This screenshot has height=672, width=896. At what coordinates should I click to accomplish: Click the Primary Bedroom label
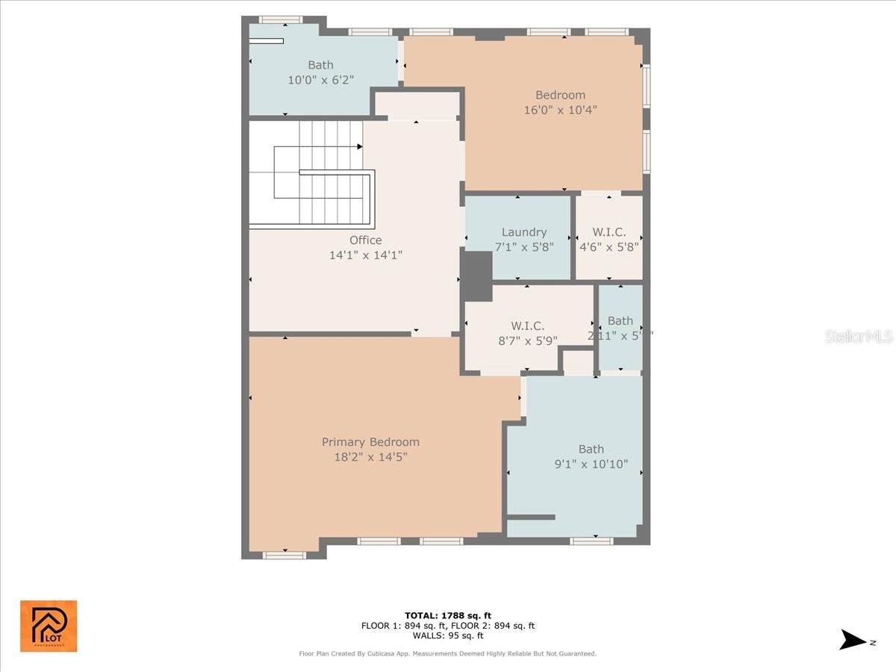370,442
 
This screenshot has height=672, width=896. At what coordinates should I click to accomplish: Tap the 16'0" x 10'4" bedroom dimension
560,110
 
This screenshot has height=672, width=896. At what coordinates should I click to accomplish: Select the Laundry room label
523,232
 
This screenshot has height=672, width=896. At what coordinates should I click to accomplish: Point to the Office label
366,240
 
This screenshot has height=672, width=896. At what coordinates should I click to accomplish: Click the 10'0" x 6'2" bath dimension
320,79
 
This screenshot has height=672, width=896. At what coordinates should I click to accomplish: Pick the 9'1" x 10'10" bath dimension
591,464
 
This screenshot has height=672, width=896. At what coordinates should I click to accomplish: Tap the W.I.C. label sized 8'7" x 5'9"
527,326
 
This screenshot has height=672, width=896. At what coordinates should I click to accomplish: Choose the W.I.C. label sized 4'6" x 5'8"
609,232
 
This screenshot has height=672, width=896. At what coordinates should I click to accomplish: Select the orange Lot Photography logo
49,626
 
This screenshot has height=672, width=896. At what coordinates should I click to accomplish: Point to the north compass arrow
854,640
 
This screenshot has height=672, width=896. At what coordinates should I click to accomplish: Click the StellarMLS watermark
858,337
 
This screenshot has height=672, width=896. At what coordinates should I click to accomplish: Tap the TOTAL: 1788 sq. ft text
448,615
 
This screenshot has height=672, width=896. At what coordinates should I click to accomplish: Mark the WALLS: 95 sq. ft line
448,635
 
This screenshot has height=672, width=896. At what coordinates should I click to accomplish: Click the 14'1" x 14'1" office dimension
366,255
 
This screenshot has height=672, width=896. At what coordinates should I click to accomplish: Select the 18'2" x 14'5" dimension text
370,456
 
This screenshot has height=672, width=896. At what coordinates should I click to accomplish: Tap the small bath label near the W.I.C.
620,321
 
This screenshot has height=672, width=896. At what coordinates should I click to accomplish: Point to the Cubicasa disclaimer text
448,653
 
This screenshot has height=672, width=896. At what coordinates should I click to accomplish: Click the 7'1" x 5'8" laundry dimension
523,246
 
